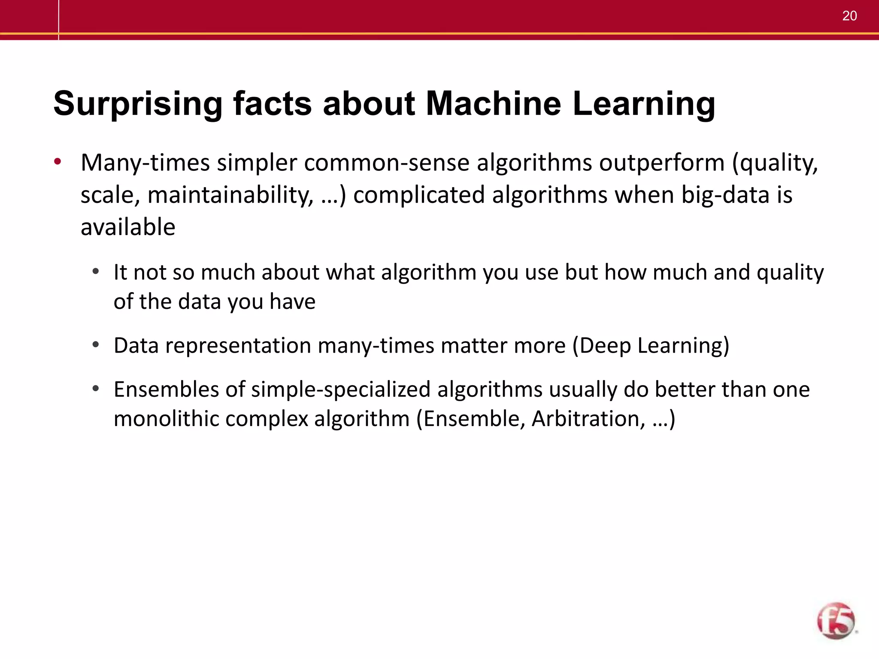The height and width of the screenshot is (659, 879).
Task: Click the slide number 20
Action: pyautogui.click(x=849, y=16)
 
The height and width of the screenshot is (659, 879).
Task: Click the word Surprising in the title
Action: pyautogui.click(x=138, y=104)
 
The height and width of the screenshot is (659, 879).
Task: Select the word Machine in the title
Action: pyautogui.click(x=493, y=103)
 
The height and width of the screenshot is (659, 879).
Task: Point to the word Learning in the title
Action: pyautogui.click(x=644, y=104)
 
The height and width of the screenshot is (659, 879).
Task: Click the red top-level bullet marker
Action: pyautogui.click(x=58, y=163)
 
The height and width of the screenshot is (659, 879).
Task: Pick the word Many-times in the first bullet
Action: pyautogui.click(x=145, y=163)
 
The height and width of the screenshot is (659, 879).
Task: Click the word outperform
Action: pyautogui.click(x=661, y=163)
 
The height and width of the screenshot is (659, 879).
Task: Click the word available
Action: pyautogui.click(x=128, y=227)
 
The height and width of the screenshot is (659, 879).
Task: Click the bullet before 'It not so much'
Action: pyautogui.click(x=96, y=272)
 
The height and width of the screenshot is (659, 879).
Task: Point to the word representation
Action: pyautogui.click(x=238, y=345)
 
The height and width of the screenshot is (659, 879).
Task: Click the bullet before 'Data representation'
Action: pyautogui.click(x=96, y=345)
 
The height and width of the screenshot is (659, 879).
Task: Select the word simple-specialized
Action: pyautogui.click(x=341, y=390)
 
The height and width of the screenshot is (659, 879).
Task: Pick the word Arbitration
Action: pyautogui.click(x=588, y=419)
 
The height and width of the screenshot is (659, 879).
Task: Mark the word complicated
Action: pyautogui.click(x=419, y=195)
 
